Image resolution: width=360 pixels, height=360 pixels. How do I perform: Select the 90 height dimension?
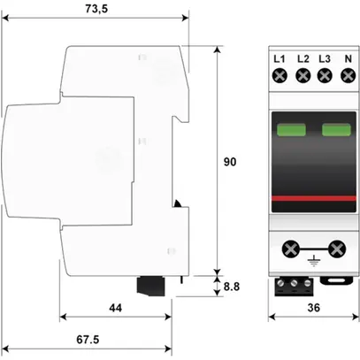click(230, 162)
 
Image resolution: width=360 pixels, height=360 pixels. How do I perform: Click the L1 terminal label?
click(279, 59)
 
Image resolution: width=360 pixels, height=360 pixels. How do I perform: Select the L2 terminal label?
click(302, 59)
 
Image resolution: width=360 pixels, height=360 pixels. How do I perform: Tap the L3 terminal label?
click(324, 59)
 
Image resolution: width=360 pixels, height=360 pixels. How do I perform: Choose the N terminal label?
click(347, 59)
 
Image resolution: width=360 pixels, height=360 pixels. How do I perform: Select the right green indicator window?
click(335, 132)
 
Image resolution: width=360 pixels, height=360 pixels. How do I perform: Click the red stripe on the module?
click(313, 199)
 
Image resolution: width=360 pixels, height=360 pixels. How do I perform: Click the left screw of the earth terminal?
click(290, 249)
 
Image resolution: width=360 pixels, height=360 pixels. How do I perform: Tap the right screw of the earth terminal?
click(336, 249)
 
